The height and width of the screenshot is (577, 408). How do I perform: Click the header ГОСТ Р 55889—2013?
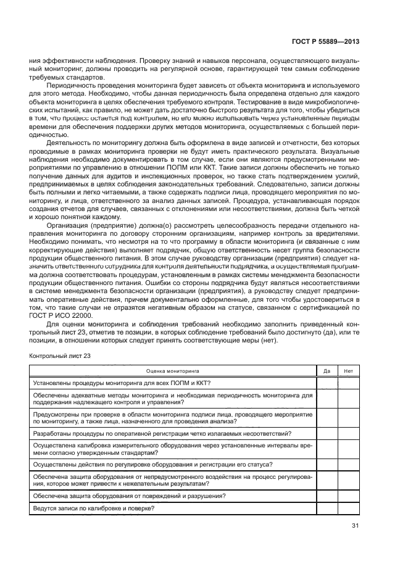pos(325,42)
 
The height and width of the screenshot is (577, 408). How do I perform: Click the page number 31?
pos(355,525)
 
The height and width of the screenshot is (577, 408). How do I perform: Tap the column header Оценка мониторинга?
pos(172,371)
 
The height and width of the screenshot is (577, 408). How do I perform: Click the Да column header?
pos(327,371)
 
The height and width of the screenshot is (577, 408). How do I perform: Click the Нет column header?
pos(348,371)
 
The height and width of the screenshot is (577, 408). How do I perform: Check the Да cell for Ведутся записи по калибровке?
pos(327,508)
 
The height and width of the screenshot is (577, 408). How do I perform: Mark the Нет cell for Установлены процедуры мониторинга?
pos(348,383)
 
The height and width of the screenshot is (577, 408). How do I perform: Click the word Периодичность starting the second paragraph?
pos(69,82)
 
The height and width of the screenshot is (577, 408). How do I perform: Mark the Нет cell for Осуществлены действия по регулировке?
pos(348,464)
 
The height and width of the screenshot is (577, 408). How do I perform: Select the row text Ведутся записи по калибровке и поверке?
pos(93,508)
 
